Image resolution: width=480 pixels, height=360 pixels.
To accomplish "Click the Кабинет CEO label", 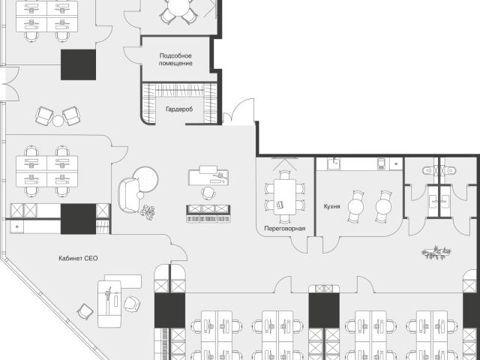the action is click(78, 258).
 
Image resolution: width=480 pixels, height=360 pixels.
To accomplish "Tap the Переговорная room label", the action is click(285, 228).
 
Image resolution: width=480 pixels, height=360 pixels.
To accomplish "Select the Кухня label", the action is click(331, 206).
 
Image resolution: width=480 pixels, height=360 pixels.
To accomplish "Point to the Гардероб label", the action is click(179, 109).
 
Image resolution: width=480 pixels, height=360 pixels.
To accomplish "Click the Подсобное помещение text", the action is click(175, 59).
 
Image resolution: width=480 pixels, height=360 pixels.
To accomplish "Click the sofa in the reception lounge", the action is click(129, 195).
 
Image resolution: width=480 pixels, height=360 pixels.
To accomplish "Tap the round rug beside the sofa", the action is click(146, 178).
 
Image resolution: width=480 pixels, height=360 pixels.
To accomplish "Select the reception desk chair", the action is click(208, 193).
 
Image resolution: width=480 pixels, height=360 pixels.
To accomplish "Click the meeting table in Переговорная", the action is click(285, 196).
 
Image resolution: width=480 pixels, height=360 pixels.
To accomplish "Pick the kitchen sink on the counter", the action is click(333, 163).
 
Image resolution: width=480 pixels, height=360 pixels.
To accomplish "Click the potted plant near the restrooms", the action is click(436, 253).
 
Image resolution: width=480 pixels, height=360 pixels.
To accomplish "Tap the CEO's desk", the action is click(109, 304).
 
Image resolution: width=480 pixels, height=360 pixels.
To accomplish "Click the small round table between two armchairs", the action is click(58, 121).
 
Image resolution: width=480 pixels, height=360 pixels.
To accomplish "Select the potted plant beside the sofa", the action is click(148, 212).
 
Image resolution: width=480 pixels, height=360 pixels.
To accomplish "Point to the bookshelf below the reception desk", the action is click(208, 214).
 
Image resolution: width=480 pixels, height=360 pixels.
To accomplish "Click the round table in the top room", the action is click(179, 7).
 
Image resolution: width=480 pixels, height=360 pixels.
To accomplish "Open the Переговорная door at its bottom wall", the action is click(299, 244).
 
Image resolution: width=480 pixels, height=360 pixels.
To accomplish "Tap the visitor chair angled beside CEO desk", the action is click(85, 312).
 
